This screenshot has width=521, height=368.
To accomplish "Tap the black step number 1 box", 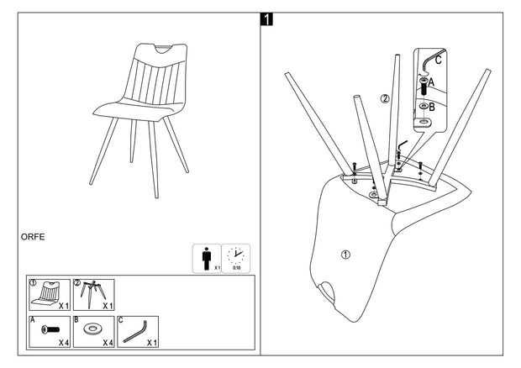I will click(x=266, y=18).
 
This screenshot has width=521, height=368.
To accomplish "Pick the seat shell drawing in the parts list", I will click(x=49, y=292).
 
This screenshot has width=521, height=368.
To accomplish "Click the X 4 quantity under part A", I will click(x=63, y=344).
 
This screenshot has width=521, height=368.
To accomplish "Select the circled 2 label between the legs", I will click(x=385, y=98).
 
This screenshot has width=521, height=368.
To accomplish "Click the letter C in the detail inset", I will click(x=437, y=59).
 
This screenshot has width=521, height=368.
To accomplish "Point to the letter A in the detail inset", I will click(x=432, y=83).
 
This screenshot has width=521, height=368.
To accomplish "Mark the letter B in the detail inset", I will click(x=432, y=107).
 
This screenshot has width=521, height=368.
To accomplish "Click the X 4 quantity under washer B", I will click(x=106, y=344).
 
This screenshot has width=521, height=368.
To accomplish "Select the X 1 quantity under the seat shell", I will click(x=63, y=306).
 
